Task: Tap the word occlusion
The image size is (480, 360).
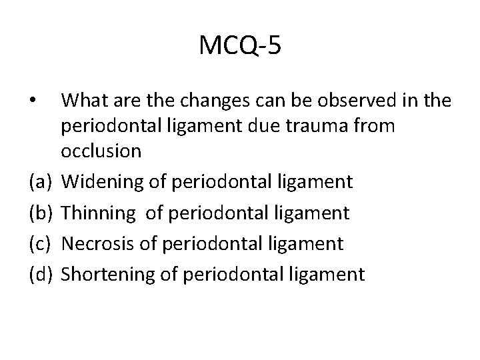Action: point(101,151)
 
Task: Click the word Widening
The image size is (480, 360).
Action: point(101,182)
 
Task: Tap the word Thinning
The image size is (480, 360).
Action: point(99,213)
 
